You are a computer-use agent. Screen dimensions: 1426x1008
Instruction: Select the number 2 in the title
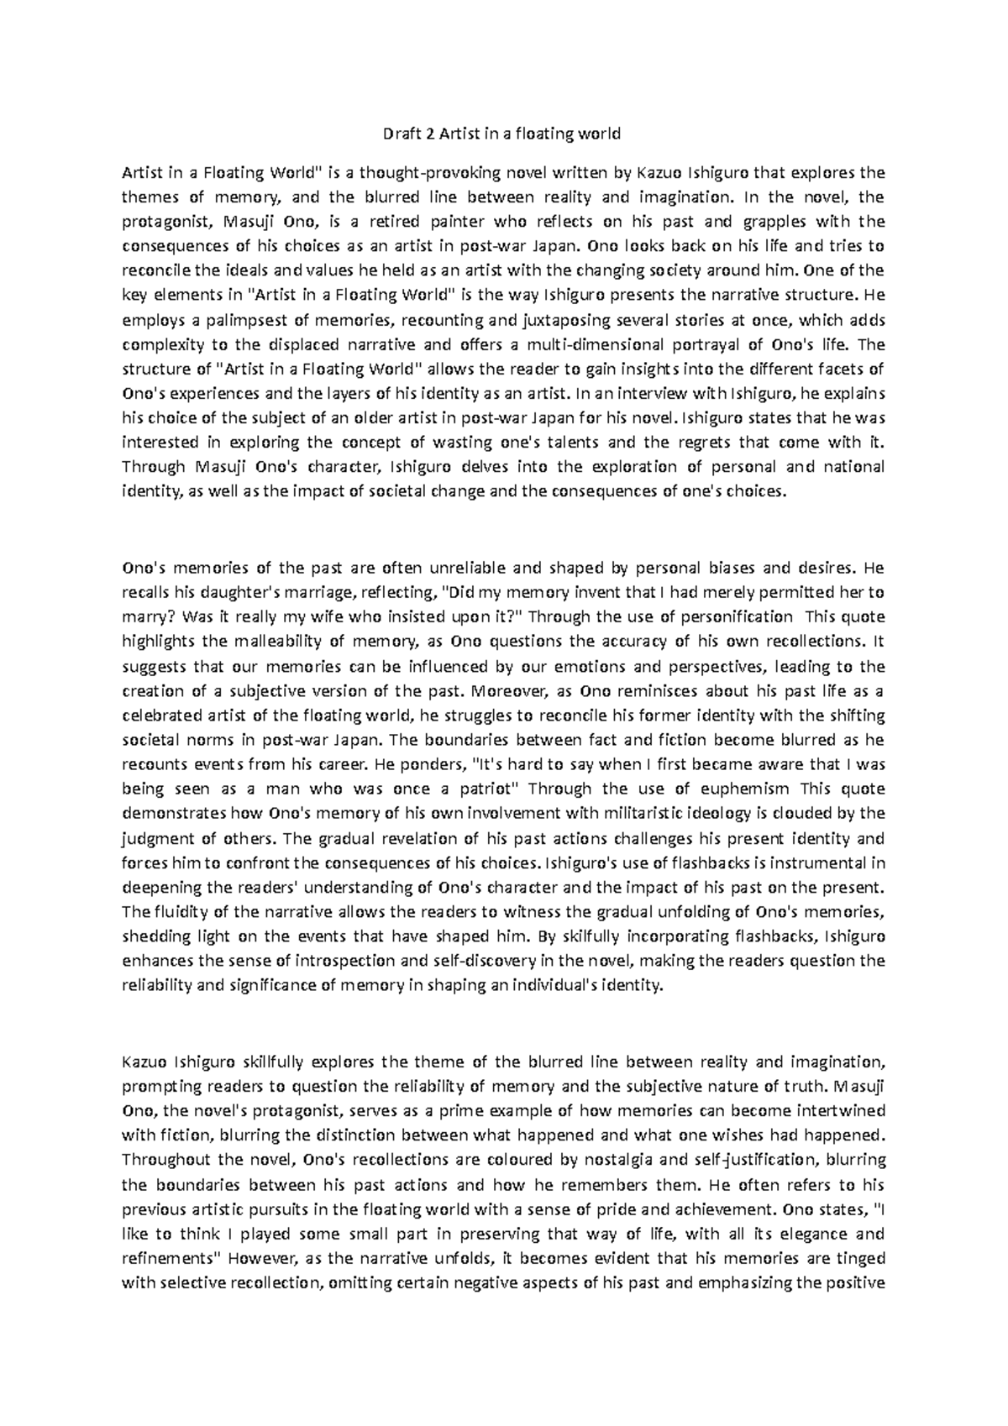pos(427,134)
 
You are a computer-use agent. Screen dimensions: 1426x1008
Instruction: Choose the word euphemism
pos(748,789)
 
